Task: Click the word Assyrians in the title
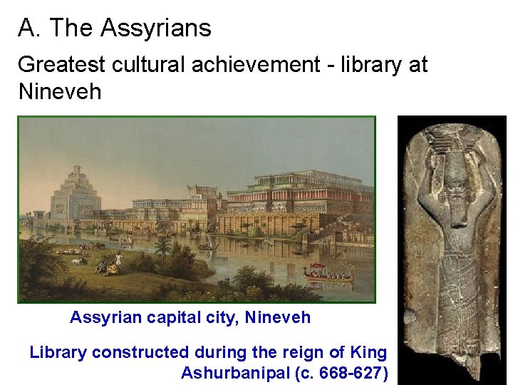click(x=155, y=29)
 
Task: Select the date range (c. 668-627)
click(x=345, y=373)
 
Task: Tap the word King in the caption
click(x=368, y=351)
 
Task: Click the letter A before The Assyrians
click(x=26, y=29)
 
